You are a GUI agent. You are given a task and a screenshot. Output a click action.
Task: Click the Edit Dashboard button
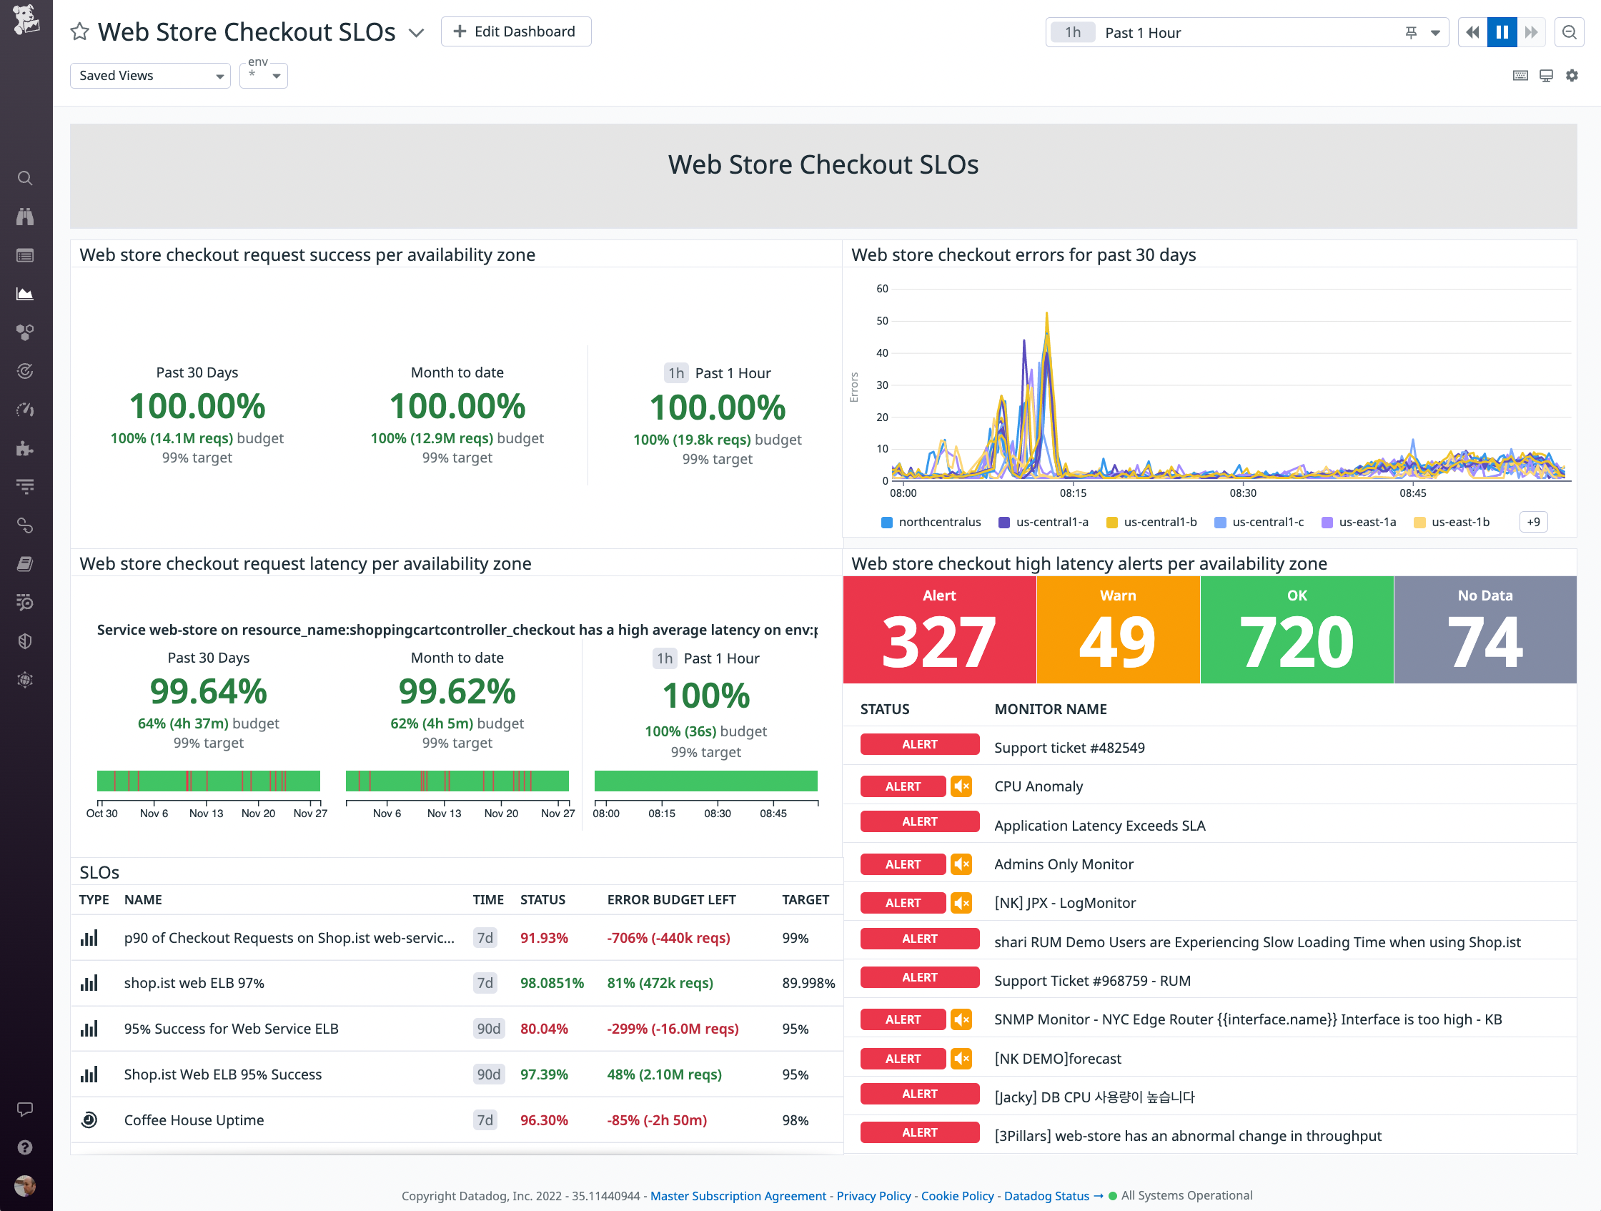[515, 32]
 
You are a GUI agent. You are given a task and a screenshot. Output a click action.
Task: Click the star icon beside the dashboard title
[79, 32]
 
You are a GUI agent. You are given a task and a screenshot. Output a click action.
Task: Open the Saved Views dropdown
[150, 75]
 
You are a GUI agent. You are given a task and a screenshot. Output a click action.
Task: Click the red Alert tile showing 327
[938, 630]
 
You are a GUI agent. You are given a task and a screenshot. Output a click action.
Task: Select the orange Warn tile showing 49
[1118, 630]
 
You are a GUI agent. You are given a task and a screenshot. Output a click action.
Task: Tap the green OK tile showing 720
[1297, 630]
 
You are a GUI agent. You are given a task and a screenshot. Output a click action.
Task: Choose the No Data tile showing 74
[1484, 630]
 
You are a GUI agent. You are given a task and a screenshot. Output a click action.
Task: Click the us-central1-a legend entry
[1051, 522]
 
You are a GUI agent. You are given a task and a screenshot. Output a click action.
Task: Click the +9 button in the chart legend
[1533, 522]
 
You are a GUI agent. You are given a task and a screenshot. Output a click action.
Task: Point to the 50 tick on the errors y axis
[881, 321]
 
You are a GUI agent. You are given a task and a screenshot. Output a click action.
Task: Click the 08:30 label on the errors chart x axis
[1243, 493]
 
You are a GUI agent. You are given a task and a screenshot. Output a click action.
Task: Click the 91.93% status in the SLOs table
[544, 938]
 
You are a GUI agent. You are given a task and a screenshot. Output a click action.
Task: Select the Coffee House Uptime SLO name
[194, 1119]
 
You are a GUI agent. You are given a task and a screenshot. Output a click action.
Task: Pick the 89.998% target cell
[808, 983]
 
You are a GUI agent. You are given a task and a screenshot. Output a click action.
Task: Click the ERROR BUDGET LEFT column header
[671, 900]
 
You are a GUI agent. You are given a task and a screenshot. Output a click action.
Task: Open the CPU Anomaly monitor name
[1038, 786]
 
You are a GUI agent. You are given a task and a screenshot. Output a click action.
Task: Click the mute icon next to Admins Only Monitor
[961, 864]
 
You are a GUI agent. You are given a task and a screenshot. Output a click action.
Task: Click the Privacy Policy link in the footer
[873, 1196]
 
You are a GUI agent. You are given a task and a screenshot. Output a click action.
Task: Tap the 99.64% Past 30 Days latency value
[209, 691]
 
